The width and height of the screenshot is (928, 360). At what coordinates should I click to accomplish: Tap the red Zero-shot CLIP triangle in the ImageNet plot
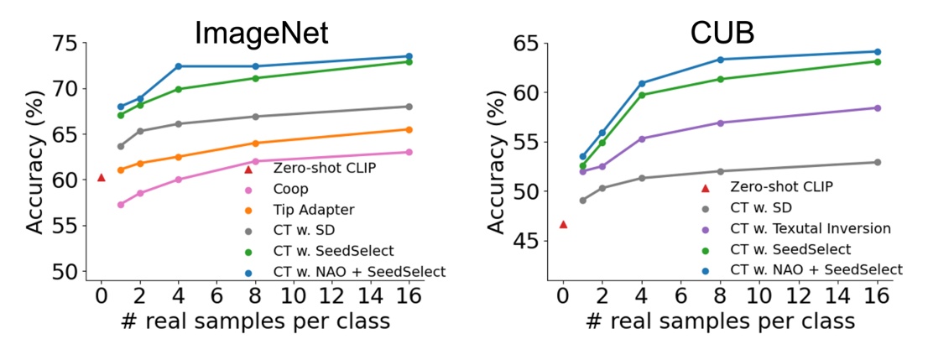point(102,177)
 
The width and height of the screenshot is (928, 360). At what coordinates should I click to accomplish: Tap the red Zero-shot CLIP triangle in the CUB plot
point(563,224)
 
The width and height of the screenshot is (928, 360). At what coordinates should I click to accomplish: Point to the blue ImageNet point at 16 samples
point(409,56)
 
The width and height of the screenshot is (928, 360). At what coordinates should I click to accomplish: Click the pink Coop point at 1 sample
point(121,205)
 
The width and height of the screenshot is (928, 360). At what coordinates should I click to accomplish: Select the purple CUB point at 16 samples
point(878,107)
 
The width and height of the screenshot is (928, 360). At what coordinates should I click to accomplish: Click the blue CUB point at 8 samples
point(720,60)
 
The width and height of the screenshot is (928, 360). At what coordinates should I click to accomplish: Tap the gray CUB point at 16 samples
point(878,162)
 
